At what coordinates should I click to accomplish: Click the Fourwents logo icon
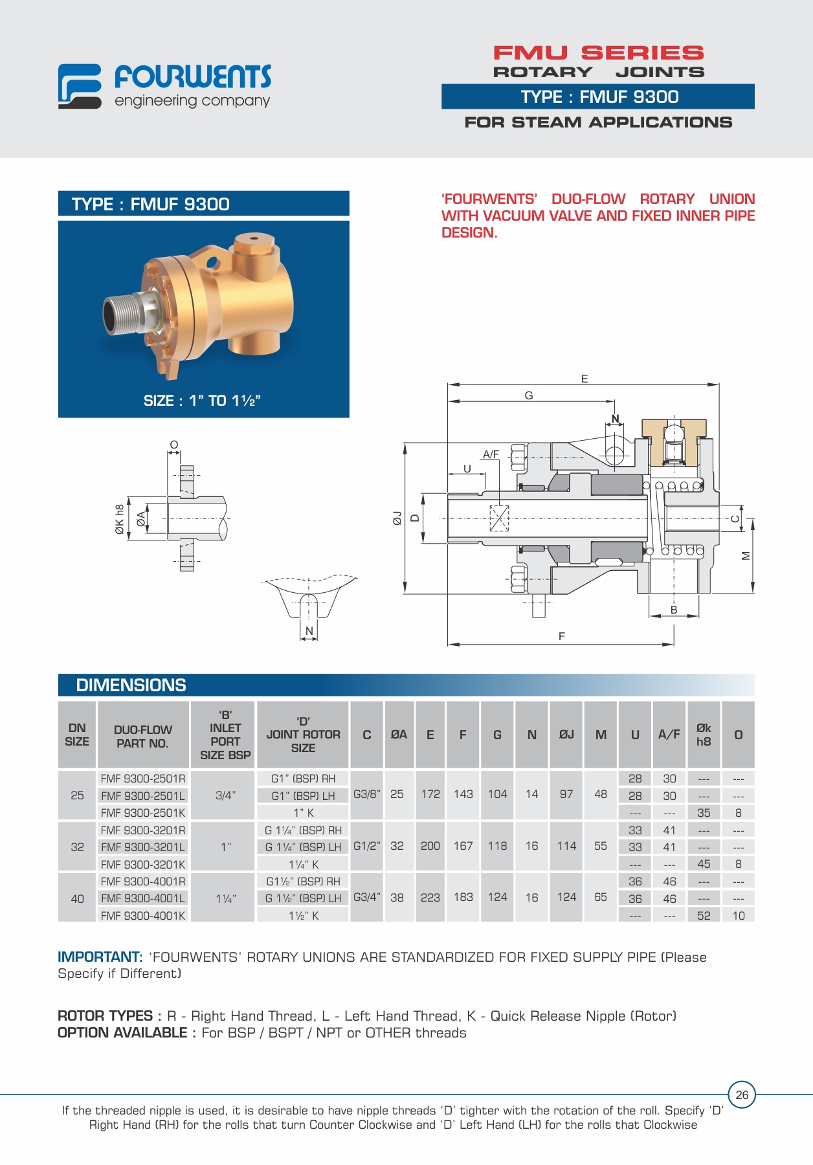click(x=80, y=86)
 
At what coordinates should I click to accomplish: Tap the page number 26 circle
click(x=742, y=1095)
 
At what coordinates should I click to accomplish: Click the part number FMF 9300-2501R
click(x=143, y=779)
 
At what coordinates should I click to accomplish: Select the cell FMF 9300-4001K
click(x=143, y=916)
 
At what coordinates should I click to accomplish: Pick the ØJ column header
click(x=566, y=735)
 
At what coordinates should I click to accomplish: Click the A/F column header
click(x=669, y=735)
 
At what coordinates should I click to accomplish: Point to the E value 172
click(x=430, y=794)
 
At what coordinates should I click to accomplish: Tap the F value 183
click(x=463, y=897)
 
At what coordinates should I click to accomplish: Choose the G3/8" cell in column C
click(x=367, y=794)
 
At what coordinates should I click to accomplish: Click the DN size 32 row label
click(x=77, y=847)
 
